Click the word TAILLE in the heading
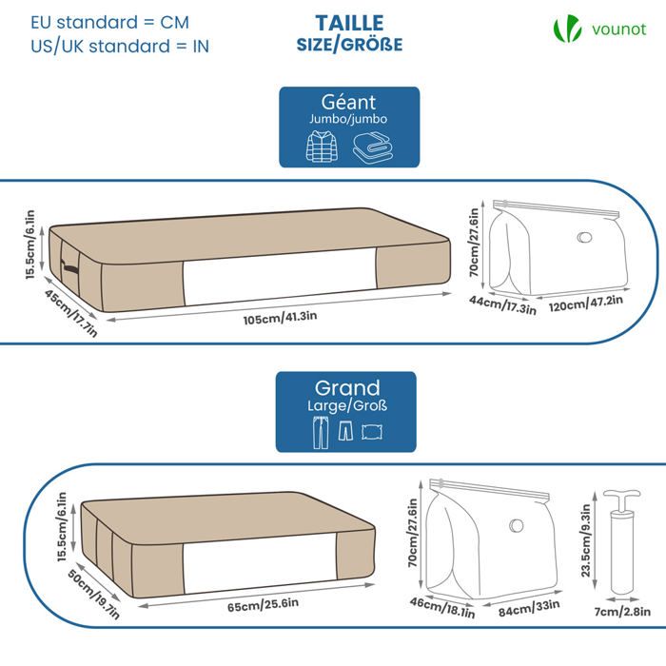[348, 23]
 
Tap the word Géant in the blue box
[348, 102]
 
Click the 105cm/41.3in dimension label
[273, 320]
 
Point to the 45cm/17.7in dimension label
[69, 313]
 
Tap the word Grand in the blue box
[347, 388]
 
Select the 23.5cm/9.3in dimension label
[586, 541]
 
